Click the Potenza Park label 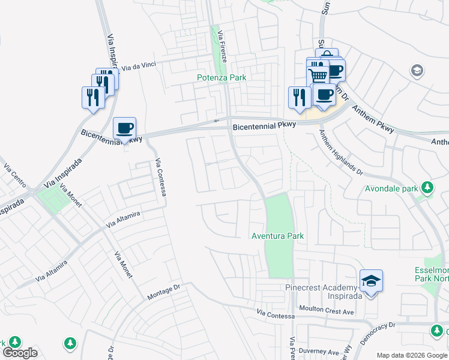coord(221,77)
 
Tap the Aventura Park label coord(277,236)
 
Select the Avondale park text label coord(391,188)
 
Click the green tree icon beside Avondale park coord(427,188)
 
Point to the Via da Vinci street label coord(139,68)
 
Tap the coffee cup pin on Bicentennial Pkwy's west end coord(124,128)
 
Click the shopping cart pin coord(317,75)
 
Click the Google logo coord(20,353)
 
